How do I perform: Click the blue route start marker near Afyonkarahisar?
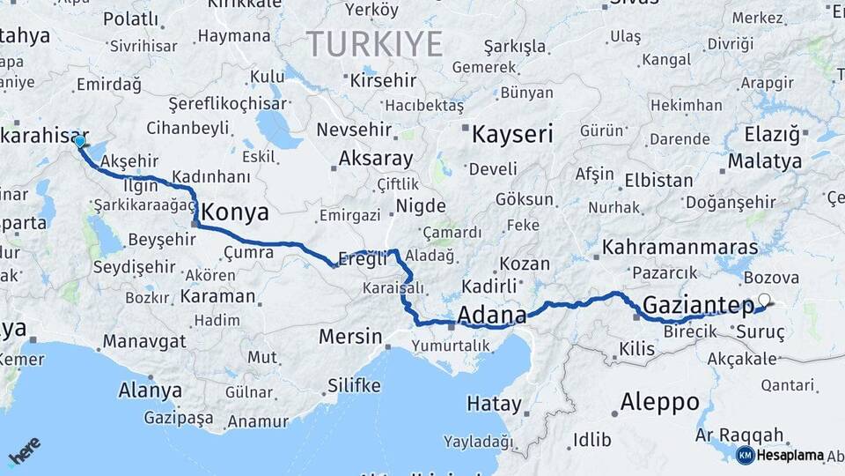point(80,141)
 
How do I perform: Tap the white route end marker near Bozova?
point(763,300)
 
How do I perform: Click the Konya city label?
point(235,212)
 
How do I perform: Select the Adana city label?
point(492,315)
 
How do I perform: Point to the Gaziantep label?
point(698,305)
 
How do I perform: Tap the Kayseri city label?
point(512,134)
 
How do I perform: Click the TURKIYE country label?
point(374,42)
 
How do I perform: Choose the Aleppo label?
point(659,403)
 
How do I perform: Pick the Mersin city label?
point(350,336)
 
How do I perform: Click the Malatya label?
point(765,161)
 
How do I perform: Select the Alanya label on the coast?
point(143,389)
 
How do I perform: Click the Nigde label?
point(422,205)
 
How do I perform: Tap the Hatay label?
point(494,404)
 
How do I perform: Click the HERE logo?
point(24,451)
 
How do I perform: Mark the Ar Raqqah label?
point(739,435)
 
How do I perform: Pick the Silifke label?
point(354,385)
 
